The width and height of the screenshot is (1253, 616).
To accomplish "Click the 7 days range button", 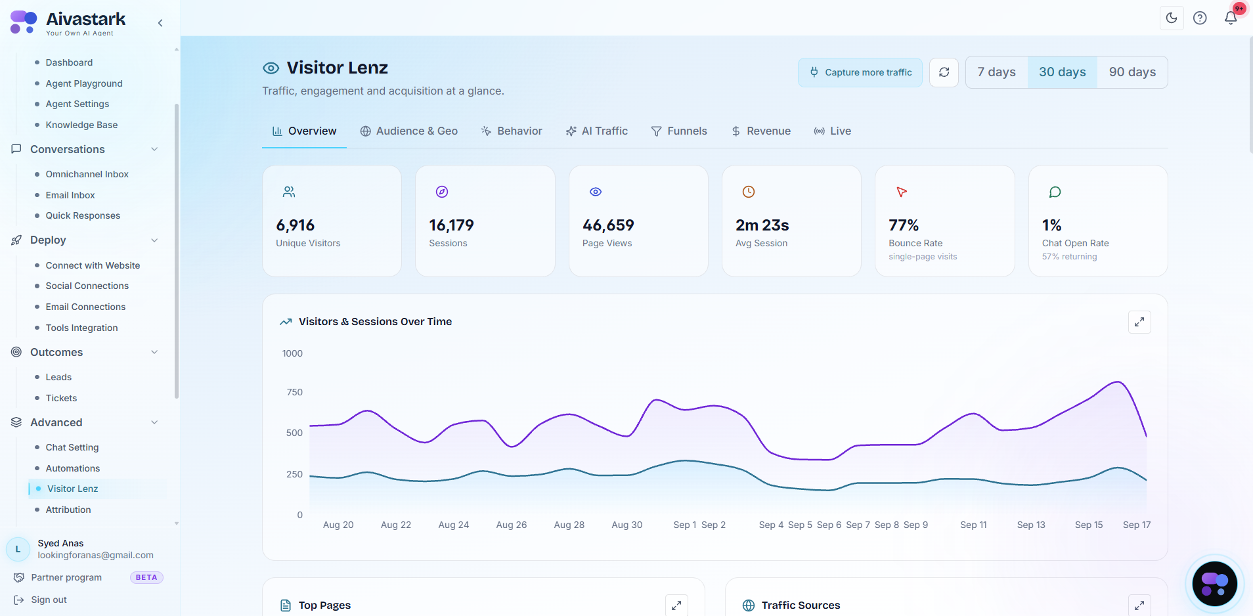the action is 996,72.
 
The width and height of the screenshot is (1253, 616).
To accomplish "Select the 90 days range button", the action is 1132,72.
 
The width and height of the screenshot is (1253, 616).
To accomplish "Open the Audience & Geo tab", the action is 408,131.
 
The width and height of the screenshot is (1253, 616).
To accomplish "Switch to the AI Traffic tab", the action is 597,131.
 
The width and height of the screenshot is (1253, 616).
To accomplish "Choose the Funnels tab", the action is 679,131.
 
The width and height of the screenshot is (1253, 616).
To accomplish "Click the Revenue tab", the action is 761,131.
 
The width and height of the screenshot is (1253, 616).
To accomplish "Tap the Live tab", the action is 832,131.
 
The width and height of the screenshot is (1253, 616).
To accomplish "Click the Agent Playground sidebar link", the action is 84,83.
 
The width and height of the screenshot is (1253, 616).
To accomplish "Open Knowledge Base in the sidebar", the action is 81,125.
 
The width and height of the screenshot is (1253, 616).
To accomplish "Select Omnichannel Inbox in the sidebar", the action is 87,174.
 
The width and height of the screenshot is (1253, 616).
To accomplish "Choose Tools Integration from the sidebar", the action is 81,328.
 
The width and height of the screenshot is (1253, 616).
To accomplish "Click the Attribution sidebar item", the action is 68,510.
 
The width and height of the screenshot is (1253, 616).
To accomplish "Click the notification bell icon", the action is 1231,18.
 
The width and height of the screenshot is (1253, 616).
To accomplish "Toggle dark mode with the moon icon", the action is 1172,18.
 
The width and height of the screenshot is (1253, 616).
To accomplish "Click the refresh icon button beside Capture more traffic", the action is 944,72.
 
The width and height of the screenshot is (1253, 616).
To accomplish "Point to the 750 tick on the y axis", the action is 294,392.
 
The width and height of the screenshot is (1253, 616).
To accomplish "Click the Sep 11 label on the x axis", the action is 973,525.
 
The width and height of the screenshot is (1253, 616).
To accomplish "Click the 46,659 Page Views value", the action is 608,225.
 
